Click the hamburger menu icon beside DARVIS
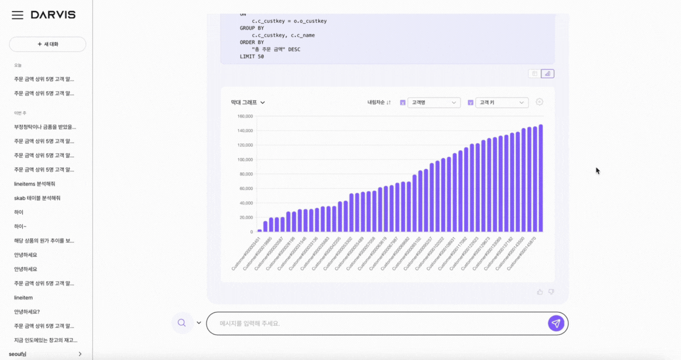pos(18,15)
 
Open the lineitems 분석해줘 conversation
pos(34,184)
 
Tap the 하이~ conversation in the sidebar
pos(20,227)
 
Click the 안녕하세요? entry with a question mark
pos(27,312)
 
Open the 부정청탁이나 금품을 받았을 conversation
pos(45,127)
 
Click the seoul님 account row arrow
pos(80,354)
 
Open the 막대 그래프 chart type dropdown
pos(248,102)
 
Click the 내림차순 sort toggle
pos(379,102)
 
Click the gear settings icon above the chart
pos(539,102)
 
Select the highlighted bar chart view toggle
pos(547,73)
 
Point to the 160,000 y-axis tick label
pos(245,116)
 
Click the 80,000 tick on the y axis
pos(246,174)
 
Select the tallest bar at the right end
pos(540,178)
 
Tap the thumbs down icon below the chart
pos(551,292)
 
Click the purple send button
pos(556,323)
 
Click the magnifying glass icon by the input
pos(182,323)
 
